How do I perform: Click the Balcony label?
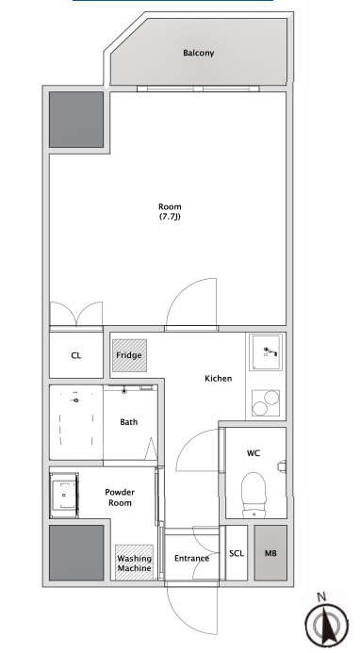(198, 53)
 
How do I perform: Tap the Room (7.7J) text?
(170, 211)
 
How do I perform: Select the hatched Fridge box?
(129, 355)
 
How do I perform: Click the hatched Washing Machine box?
(134, 563)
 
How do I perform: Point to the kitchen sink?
(266, 352)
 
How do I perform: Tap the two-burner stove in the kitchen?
(266, 403)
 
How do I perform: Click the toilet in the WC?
(254, 495)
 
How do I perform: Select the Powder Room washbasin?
(64, 495)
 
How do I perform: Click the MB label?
(270, 553)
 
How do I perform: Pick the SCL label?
(237, 553)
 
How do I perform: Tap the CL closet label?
(75, 355)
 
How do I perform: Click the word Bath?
(129, 422)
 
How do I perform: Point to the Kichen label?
(219, 378)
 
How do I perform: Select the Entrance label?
(191, 559)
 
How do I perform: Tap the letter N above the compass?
(320, 597)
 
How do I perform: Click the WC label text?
(254, 453)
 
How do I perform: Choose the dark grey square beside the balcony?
(76, 120)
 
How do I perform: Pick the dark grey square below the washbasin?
(76, 552)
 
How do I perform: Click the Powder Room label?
(120, 498)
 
